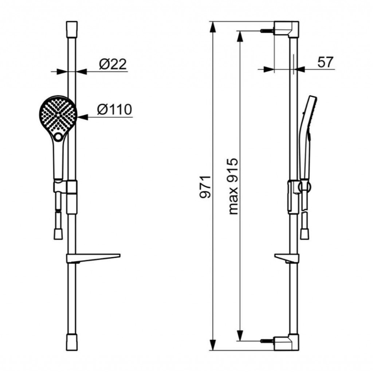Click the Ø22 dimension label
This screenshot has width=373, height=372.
(x=113, y=64)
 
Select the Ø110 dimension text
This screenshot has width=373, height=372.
(x=114, y=110)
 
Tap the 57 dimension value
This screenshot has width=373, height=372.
(x=325, y=62)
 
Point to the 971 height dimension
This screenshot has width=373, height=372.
(x=205, y=187)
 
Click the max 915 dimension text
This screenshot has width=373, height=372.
(x=233, y=186)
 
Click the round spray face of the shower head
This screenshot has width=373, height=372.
(x=58, y=115)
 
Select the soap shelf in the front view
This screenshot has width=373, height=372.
(x=93, y=258)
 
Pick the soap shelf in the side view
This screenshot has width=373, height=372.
(x=286, y=258)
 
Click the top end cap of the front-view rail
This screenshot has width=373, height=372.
(x=72, y=29)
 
